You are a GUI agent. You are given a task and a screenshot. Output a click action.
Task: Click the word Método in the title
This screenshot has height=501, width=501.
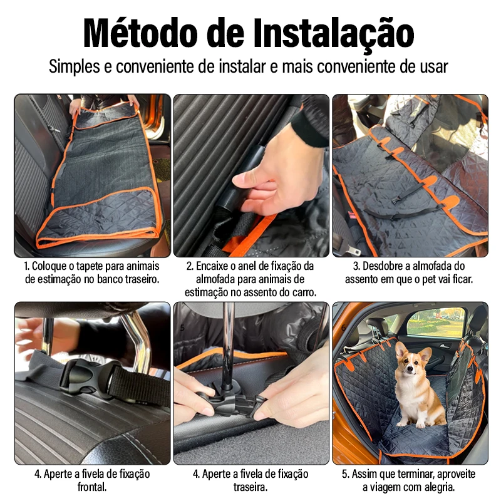pyautogui.click(x=140, y=33)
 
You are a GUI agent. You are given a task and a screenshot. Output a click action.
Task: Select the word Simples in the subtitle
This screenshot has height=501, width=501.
pyautogui.click(x=74, y=67)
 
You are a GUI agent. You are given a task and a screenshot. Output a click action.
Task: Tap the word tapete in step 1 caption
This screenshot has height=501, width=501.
pyautogui.click(x=90, y=267)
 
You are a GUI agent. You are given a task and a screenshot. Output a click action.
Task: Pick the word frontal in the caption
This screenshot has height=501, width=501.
pyautogui.click(x=92, y=487)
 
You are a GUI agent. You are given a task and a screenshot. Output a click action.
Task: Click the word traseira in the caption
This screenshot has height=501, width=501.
pyautogui.click(x=250, y=487)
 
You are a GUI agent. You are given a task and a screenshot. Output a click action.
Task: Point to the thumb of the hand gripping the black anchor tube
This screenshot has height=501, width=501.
pyautogui.click(x=250, y=180)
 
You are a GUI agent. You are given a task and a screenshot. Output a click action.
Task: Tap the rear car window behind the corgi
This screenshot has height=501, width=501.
pyautogui.click(x=436, y=323)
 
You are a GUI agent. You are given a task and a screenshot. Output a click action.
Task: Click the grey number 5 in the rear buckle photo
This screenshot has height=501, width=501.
pyautogui.click(x=182, y=328)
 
